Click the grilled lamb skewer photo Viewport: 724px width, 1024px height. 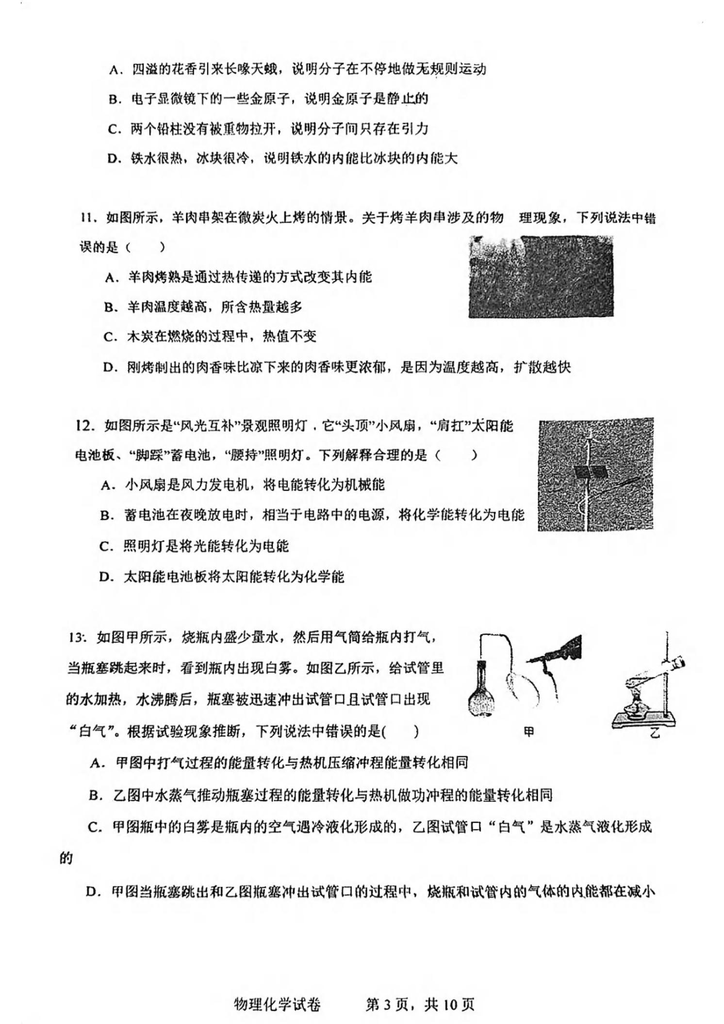tap(540, 276)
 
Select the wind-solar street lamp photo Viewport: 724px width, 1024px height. tap(595, 474)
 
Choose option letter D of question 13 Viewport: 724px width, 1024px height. tap(91, 892)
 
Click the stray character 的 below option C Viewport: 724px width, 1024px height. tap(66, 859)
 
